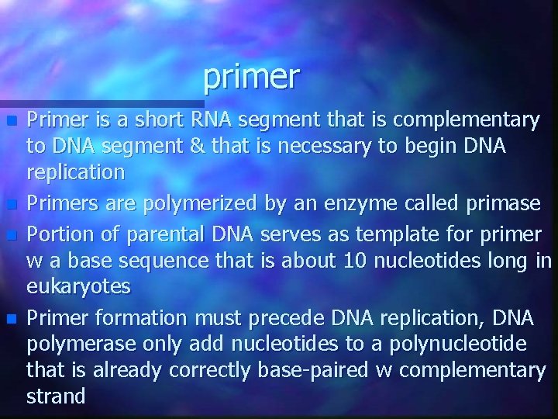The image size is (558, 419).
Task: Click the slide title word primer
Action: (x=251, y=76)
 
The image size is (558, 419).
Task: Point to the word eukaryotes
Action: (x=78, y=287)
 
